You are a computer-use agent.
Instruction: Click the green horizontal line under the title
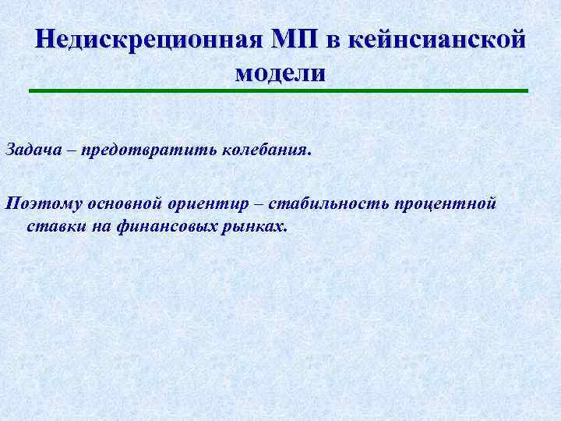click(279, 92)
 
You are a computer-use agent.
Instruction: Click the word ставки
click(49, 226)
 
